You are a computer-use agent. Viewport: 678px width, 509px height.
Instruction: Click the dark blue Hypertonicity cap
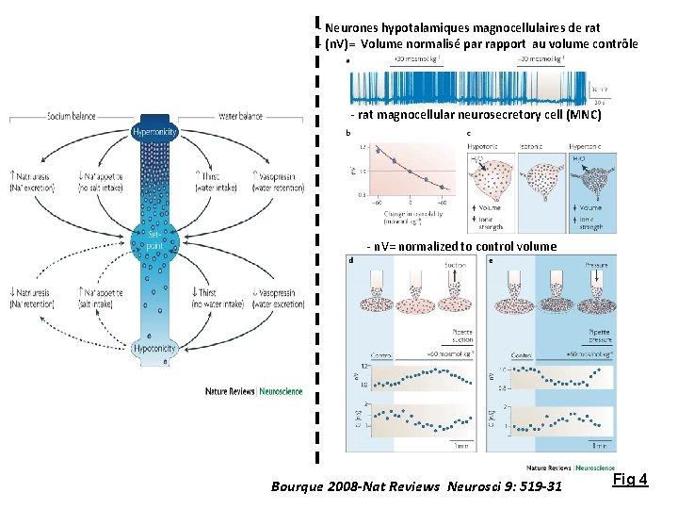pos(153,132)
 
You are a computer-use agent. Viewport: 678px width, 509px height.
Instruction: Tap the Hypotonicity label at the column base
pos(153,348)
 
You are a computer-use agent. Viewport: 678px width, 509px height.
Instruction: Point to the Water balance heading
pos(239,117)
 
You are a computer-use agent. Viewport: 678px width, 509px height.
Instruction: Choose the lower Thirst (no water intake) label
pos(205,298)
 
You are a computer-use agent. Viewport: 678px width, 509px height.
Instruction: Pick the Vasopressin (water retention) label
pos(277,179)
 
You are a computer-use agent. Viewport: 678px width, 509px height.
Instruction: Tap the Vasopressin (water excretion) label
pos(277,298)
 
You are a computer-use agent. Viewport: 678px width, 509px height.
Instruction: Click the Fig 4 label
pos(630,480)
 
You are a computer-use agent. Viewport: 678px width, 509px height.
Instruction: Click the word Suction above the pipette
pos(430,266)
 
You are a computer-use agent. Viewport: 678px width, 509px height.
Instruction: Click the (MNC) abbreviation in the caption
pos(581,115)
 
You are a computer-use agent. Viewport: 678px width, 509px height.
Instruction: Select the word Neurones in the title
pos(353,28)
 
